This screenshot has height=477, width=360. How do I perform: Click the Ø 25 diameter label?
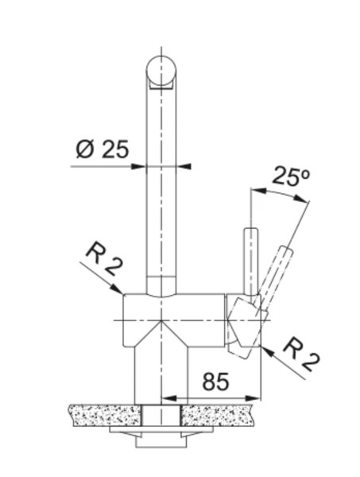pos(103,149)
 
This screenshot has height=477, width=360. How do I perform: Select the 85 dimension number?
pos(215,382)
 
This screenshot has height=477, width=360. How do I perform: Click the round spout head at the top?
pos(161,70)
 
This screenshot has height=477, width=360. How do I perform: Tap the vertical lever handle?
pos(251,262)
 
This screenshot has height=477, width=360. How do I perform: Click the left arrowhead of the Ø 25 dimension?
pos(137,166)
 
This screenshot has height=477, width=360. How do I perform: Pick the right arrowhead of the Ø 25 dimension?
pos(184,166)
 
